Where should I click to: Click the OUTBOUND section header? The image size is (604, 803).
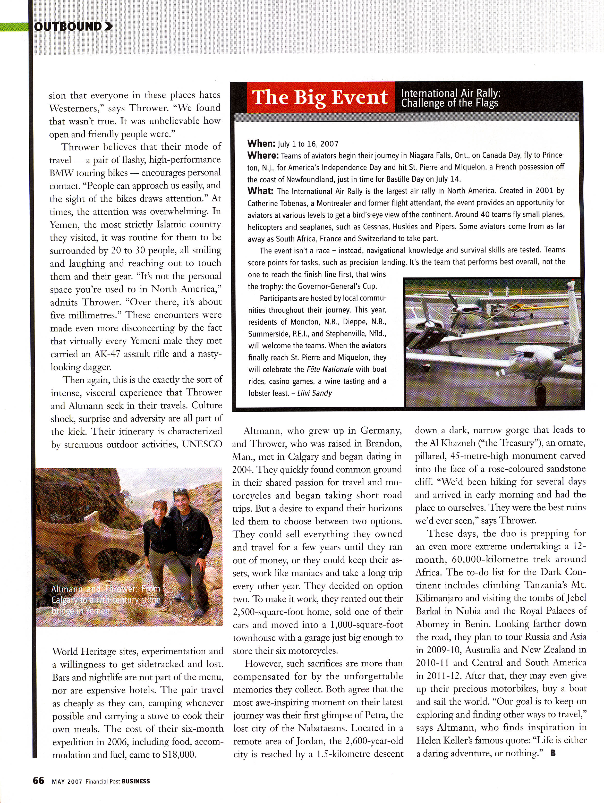point(67,27)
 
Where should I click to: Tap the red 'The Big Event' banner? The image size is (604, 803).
point(320,97)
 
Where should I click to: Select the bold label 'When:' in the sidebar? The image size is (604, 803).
point(261,143)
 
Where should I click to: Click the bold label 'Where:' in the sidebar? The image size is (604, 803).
point(263,155)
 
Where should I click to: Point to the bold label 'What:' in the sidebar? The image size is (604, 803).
point(260,191)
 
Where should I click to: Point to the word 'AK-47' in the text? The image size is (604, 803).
point(108,354)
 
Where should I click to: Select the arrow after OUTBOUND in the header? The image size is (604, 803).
point(108,27)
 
